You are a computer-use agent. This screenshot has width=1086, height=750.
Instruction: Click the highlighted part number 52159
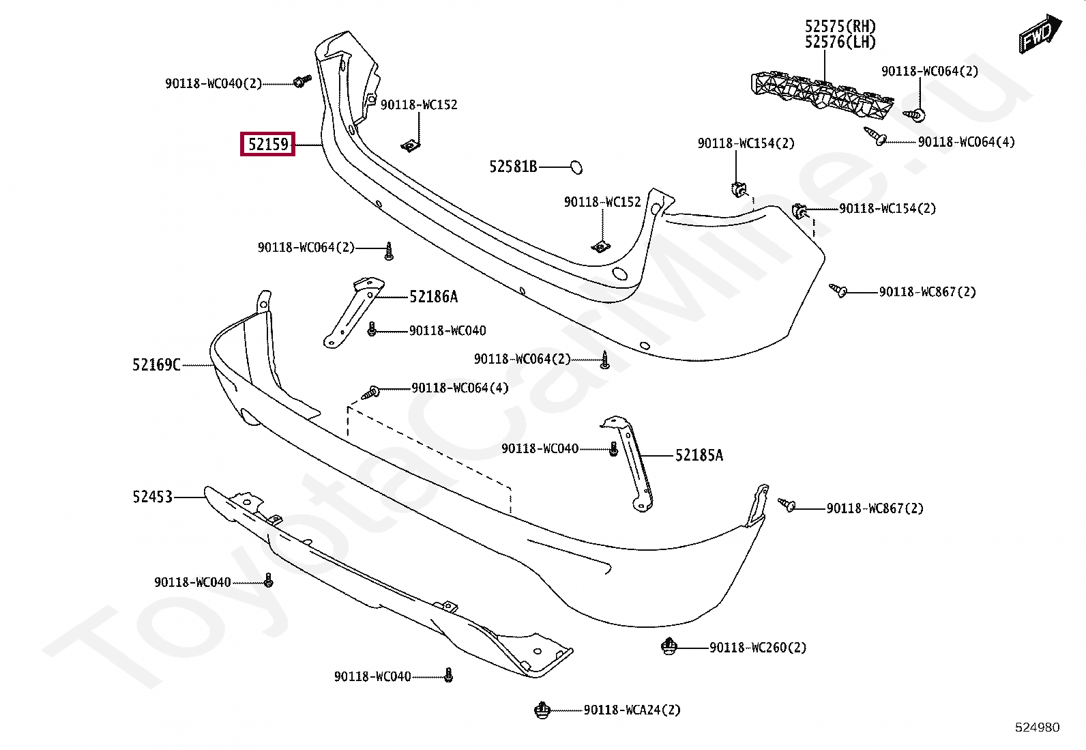[267, 144]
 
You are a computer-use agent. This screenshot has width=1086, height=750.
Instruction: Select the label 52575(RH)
[840, 26]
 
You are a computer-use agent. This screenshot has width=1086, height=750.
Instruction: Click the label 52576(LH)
[840, 42]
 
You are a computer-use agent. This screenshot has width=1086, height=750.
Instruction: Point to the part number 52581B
[513, 167]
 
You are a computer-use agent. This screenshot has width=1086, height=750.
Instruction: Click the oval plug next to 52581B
[576, 167]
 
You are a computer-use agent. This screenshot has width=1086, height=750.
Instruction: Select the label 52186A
[433, 296]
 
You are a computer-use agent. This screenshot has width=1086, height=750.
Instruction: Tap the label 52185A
[699, 455]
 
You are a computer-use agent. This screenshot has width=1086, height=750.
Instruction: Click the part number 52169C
[156, 365]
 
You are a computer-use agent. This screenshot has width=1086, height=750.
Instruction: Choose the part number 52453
[152, 497]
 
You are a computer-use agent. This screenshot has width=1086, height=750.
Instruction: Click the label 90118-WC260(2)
[758, 648]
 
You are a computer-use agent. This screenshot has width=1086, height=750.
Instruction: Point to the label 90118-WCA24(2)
[632, 710]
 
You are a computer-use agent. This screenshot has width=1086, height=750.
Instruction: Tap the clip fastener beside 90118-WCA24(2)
[542, 710]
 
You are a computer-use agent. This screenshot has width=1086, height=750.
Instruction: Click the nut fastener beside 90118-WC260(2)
[669, 647]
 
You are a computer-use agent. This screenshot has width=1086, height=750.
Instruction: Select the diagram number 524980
[1038, 727]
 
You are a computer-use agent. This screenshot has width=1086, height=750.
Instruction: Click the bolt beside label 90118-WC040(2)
[302, 81]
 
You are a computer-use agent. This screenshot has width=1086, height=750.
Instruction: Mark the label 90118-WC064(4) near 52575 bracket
[966, 142]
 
